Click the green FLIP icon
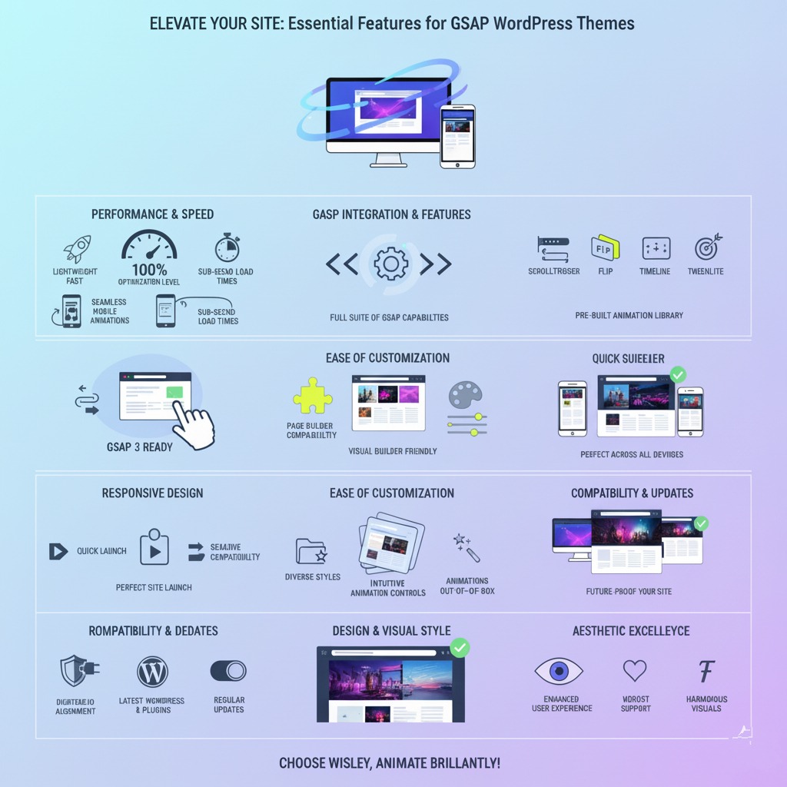coord(605,247)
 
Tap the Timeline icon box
coord(656,247)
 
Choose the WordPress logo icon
coord(152,672)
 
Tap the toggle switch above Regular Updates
coord(228,671)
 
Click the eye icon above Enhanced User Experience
coord(558,671)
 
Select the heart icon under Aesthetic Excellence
coord(635,670)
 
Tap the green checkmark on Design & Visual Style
coord(459,648)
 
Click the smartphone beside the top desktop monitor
coord(457,136)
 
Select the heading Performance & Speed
coord(152,214)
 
